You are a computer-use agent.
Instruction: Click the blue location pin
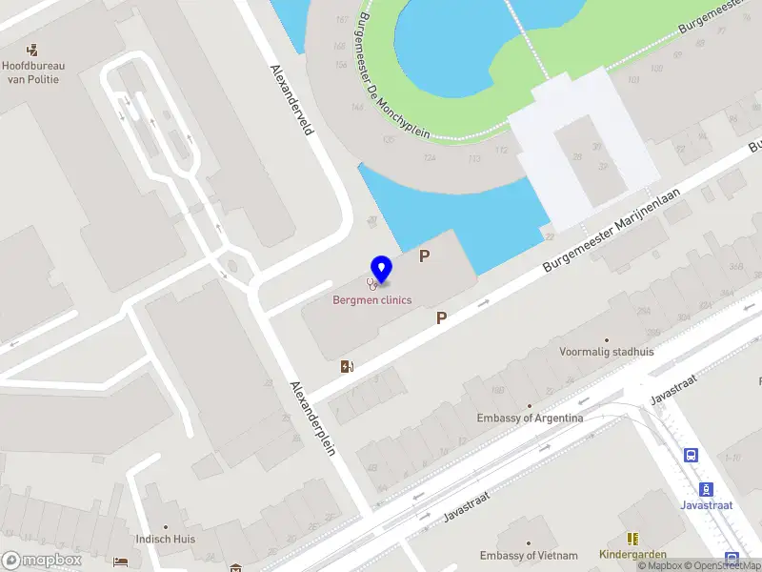[x=381, y=270]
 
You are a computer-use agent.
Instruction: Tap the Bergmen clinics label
[x=371, y=300]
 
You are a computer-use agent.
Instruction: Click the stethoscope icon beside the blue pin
[x=372, y=282]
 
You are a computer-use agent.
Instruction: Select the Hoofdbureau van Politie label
[x=33, y=72]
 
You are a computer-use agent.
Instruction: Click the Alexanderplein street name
[x=313, y=417]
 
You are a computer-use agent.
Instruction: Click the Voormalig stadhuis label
[x=607, y=352]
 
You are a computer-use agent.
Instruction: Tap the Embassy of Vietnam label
[x=529, y=556]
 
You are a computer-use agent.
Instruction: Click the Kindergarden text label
[x=632, y=554]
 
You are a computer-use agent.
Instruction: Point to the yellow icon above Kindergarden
[x=632, y=539]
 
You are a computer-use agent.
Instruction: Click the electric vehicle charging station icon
[x=347, y=366]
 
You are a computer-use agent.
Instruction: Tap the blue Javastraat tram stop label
[x=706, y=505]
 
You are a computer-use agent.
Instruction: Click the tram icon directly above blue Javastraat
[x=706, y=489]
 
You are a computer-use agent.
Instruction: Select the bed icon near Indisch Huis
[x=120, y=561]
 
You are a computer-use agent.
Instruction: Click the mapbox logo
[x=41, y=560]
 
